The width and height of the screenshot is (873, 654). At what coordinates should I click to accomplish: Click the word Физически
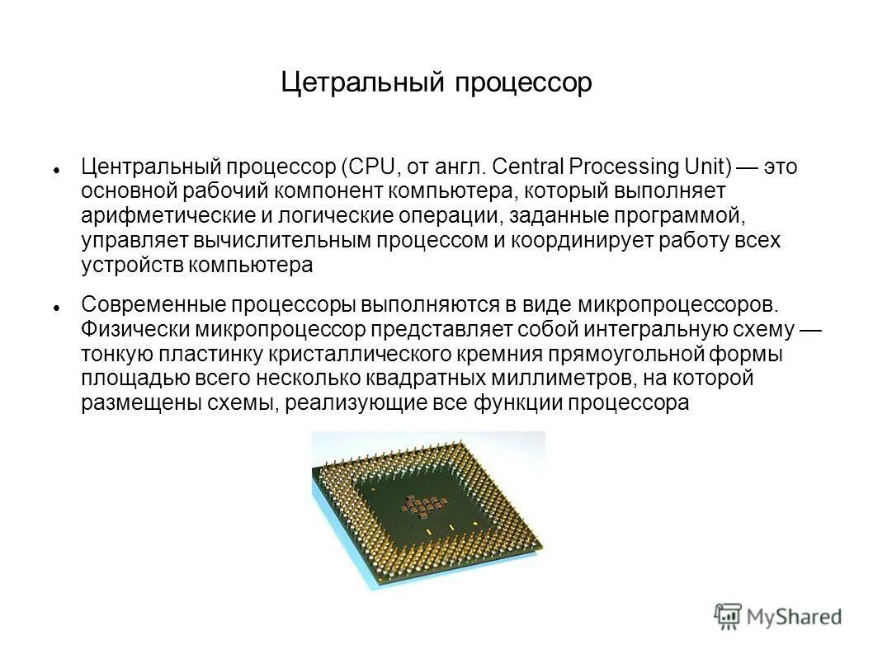(135, 329)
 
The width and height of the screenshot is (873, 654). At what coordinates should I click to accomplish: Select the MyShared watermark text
(794, 616)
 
